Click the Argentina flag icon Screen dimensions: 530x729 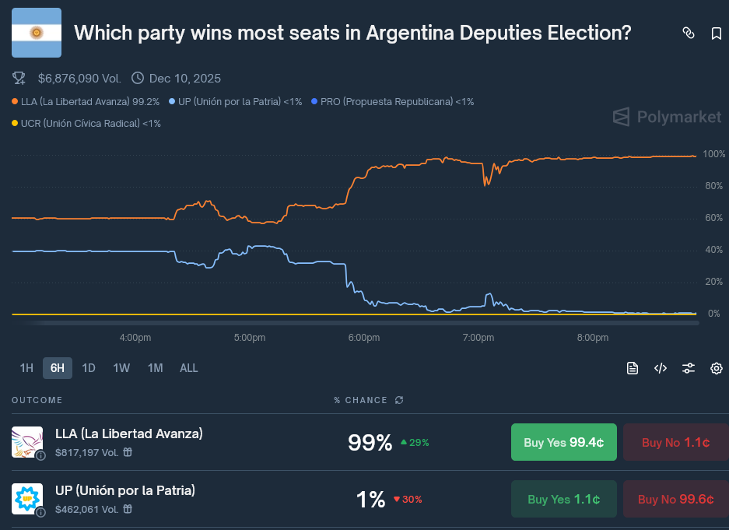tap(37, 33)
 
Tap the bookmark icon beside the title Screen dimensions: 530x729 tap(717, 33)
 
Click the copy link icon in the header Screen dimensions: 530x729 tap(688, 33)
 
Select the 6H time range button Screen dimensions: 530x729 tap(58, 368)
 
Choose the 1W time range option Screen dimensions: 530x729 tap(121, 368)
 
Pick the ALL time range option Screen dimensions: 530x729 tap(189, 368)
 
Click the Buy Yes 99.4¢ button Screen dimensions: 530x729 tap(563, 442)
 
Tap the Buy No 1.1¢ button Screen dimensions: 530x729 tap(675, 442)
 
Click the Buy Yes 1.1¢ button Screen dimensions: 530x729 tap(563, 500)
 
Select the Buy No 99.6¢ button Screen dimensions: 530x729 tap(675, 500)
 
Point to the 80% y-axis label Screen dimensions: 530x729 tap(713, 186)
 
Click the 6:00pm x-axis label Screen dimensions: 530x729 tap(364, 338)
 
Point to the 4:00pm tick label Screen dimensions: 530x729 tap(135, 338)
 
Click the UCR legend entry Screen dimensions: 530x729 tap(87, 123)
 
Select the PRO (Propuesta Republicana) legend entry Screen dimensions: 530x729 tap(392, 101)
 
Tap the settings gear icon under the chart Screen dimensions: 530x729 tap(717, 368)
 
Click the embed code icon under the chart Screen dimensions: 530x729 tap(661, 368)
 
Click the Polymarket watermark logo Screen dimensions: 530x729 tap(667, 117)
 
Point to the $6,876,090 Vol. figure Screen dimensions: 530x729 tap(79, 78)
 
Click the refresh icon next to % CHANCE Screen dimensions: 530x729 tap(399, 400)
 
